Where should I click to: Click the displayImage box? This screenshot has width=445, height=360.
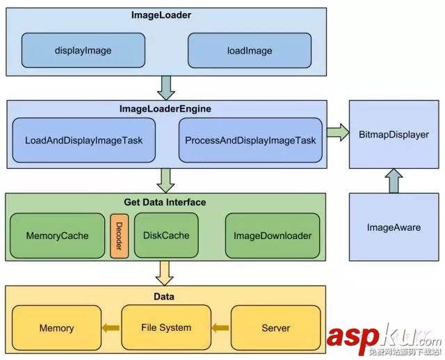83,51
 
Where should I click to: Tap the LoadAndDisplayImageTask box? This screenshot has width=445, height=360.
83,140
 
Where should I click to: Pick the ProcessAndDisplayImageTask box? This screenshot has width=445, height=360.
250,140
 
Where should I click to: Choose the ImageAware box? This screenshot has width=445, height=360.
394,227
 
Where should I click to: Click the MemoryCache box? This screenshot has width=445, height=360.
57,236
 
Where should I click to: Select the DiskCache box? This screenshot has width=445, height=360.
165,236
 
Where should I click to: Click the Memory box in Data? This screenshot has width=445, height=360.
56,327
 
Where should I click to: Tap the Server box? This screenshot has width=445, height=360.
275,327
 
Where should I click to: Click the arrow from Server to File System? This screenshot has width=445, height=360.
220,327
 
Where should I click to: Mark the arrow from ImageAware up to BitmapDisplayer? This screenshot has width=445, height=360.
394,181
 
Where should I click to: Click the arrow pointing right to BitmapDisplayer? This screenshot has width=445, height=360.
337,132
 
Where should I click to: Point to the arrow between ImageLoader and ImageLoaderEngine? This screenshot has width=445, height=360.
167,88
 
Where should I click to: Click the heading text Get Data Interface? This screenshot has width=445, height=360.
165,202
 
